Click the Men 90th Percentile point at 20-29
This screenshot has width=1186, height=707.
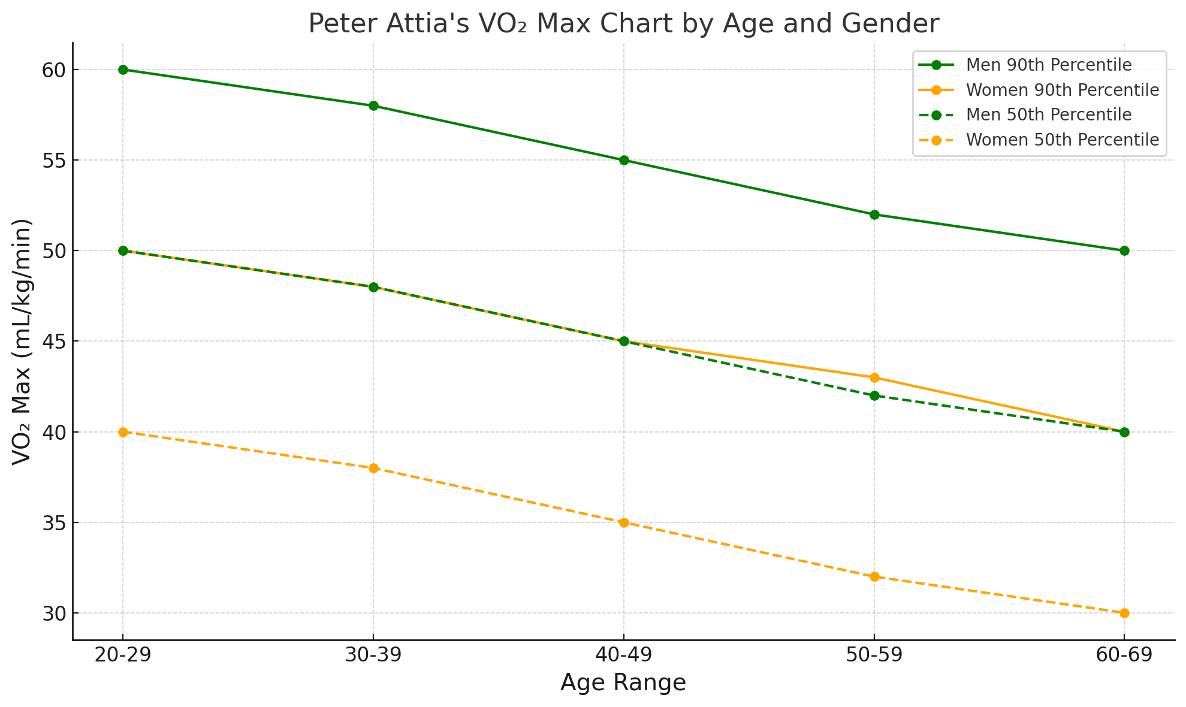[x=123, y=70]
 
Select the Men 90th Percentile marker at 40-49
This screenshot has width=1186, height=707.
[x=624, y=160]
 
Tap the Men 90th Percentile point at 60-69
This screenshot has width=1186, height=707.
[x=1124, y=250]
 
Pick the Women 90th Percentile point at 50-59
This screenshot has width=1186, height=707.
[x=874, y=377]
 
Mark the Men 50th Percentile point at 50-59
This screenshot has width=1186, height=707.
[x=874, y=395]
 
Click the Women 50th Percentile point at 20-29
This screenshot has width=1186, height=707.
[x=123, y=432]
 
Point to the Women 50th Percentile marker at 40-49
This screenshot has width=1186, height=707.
[x=624, y=522]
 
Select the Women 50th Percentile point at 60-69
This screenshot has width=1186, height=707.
[x=1124, y=613]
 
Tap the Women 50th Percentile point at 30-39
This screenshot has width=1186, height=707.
[x=373, y=468]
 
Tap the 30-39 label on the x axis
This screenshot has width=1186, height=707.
[x=373, y=656]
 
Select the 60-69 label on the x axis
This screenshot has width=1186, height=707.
[x=1124, y=656]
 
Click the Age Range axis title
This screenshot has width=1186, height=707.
[x=623, y=683]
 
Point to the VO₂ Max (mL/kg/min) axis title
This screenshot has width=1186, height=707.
[x=23, y=342]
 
